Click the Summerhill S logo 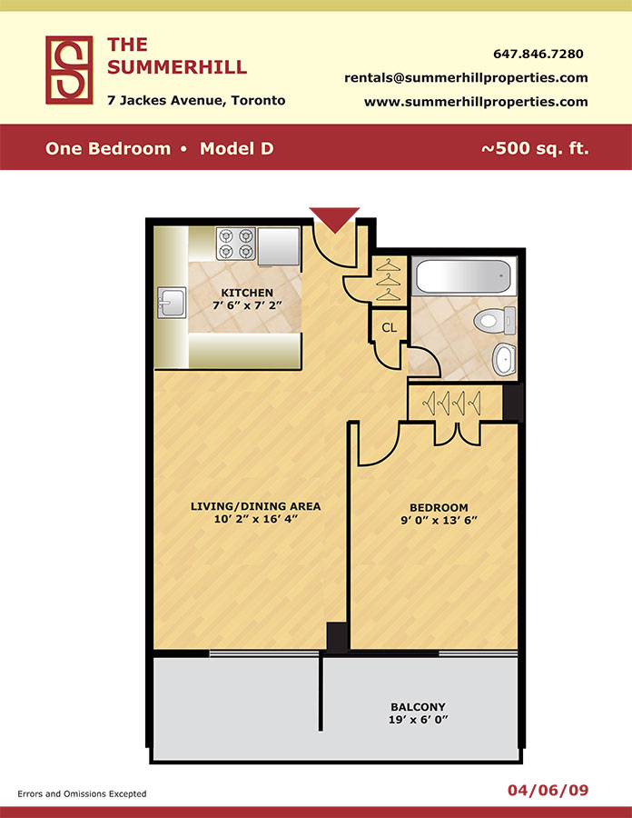[x=69, y=70]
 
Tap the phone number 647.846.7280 [x=538, y=54]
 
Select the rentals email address [x=466, y=78]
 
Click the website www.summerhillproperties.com [x=476, y=102]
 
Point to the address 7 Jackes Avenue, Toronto [x=196, y=100]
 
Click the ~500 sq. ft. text [x=535, y=149]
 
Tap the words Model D [x=236, y=149]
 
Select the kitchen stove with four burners [x=235, y=244]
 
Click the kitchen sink [x=172, y=303]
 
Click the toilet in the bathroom [x=495, y=320]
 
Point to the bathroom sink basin [x=504, y=359]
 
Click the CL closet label [x=390, y=327]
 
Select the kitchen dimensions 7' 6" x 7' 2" [x=247, y=305]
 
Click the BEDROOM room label [x=439, y=507]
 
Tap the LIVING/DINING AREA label [x=255, y=506]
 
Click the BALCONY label [x=419, y=707]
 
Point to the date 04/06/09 [x=548, y=791]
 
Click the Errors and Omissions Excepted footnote [x=82, y=794]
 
